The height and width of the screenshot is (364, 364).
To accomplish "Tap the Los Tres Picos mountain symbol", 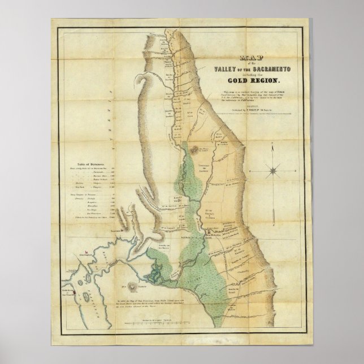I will pos(194,150).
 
